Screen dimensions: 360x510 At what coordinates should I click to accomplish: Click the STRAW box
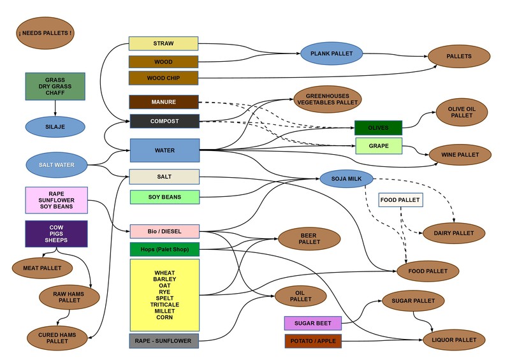point(164,43)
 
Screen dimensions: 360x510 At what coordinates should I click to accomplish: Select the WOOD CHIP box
point(164,78)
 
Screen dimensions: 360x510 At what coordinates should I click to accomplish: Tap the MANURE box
point(164,102)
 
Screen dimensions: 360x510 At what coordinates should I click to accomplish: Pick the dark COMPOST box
point(164,121)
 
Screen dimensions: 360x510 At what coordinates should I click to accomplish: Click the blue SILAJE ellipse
point(55,126)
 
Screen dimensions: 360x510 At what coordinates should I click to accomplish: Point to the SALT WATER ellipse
point(56,165)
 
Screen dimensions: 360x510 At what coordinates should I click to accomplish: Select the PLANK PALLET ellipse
point(331,54)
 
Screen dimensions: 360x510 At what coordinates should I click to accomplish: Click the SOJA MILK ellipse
point(346,179)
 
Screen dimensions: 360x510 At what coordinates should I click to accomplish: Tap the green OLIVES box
point(378,128)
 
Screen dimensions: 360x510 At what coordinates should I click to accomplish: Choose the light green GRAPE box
point(378,146)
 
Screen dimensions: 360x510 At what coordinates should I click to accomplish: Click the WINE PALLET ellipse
point(460,155)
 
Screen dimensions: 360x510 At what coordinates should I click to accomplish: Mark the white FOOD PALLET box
point(400,200)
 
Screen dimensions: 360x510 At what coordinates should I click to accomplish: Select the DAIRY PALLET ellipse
point(454,233)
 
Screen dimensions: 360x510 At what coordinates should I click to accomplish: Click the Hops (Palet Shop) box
point(164,249)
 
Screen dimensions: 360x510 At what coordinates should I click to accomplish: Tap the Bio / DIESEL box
point(164,231)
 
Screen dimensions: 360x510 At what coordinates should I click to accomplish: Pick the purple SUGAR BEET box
point(312,323)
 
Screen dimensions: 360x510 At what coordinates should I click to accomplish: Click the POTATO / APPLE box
point(312,342)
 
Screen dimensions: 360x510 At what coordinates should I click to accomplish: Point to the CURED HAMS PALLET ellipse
point(57,338)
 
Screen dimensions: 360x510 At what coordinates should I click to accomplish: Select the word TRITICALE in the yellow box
point(164,305)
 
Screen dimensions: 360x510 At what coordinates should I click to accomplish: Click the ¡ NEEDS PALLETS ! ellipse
point(45,32)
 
